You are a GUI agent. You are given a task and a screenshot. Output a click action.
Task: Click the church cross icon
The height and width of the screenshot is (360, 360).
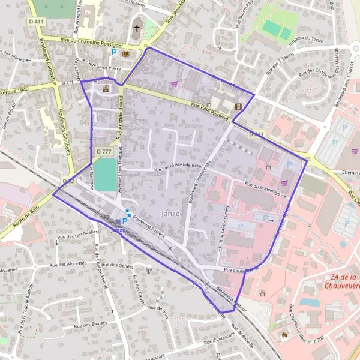point(137,28)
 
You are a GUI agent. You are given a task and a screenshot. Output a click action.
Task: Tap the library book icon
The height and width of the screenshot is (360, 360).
point(125,53)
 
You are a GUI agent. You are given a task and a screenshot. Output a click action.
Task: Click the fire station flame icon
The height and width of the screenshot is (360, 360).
point(284,334)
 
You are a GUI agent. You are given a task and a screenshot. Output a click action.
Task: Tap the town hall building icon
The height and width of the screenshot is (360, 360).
point(106,89)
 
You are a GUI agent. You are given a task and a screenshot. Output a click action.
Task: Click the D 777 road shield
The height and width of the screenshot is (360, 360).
point(103,152)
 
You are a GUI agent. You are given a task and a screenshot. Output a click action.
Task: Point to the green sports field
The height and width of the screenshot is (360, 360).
point(105,175)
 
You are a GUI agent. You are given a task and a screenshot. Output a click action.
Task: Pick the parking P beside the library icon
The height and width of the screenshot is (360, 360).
point(113,53)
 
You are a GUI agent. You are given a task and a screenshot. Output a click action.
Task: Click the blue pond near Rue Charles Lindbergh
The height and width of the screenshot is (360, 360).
point(308,302)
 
